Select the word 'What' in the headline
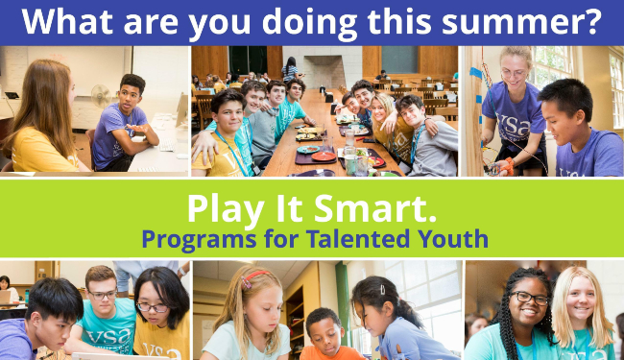[65, 21]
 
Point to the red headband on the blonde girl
[253, 279]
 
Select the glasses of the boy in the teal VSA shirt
[102, 295]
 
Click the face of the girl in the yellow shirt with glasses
[153, 306]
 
